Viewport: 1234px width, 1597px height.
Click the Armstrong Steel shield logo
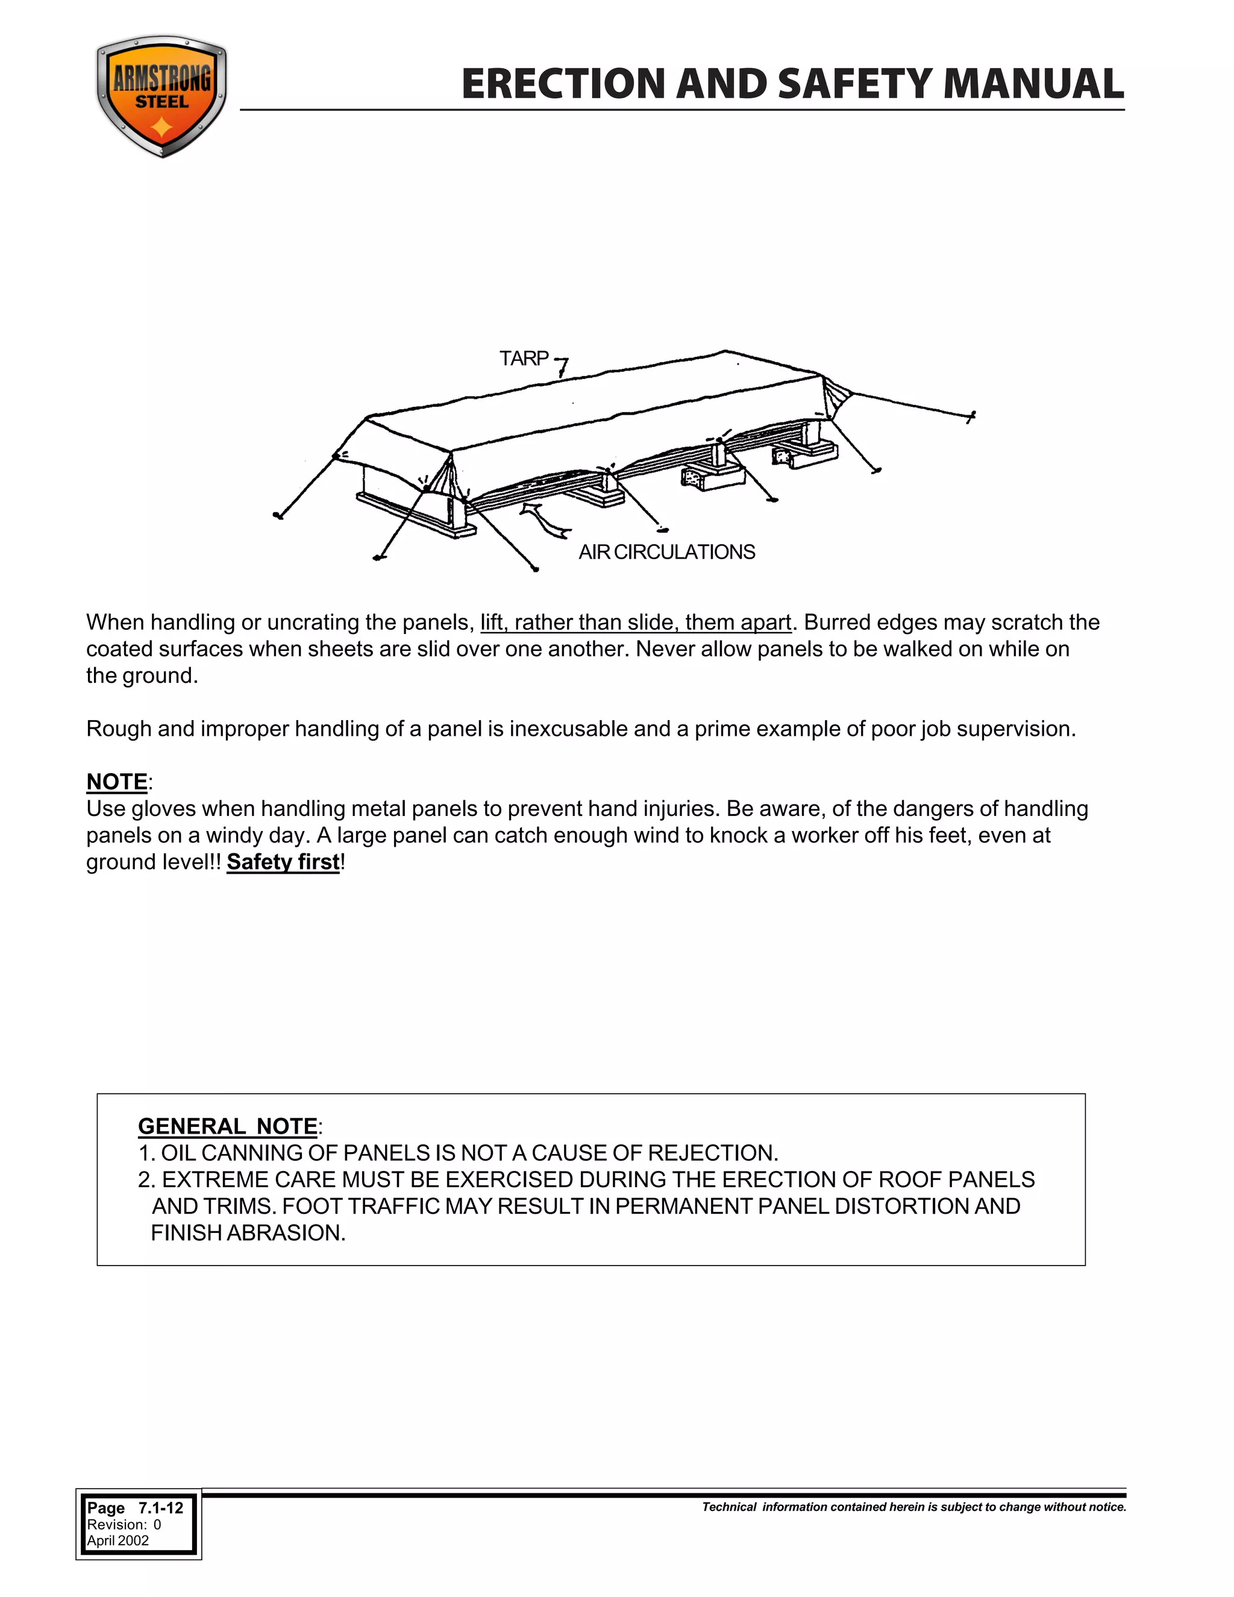[161, 96]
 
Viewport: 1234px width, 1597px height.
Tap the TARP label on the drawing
[524, 359]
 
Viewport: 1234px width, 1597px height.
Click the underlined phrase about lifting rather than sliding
[635, 623]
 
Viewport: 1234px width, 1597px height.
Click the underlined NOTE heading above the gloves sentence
[117, 782]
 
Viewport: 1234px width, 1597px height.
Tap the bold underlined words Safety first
[283, 862]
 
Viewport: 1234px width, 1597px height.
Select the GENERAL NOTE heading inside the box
[227, 1126]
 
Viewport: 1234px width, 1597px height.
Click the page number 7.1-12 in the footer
[161, 1508]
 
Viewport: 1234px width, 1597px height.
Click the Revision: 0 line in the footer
[124, 1525]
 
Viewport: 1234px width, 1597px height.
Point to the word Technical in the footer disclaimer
[729, 1507]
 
